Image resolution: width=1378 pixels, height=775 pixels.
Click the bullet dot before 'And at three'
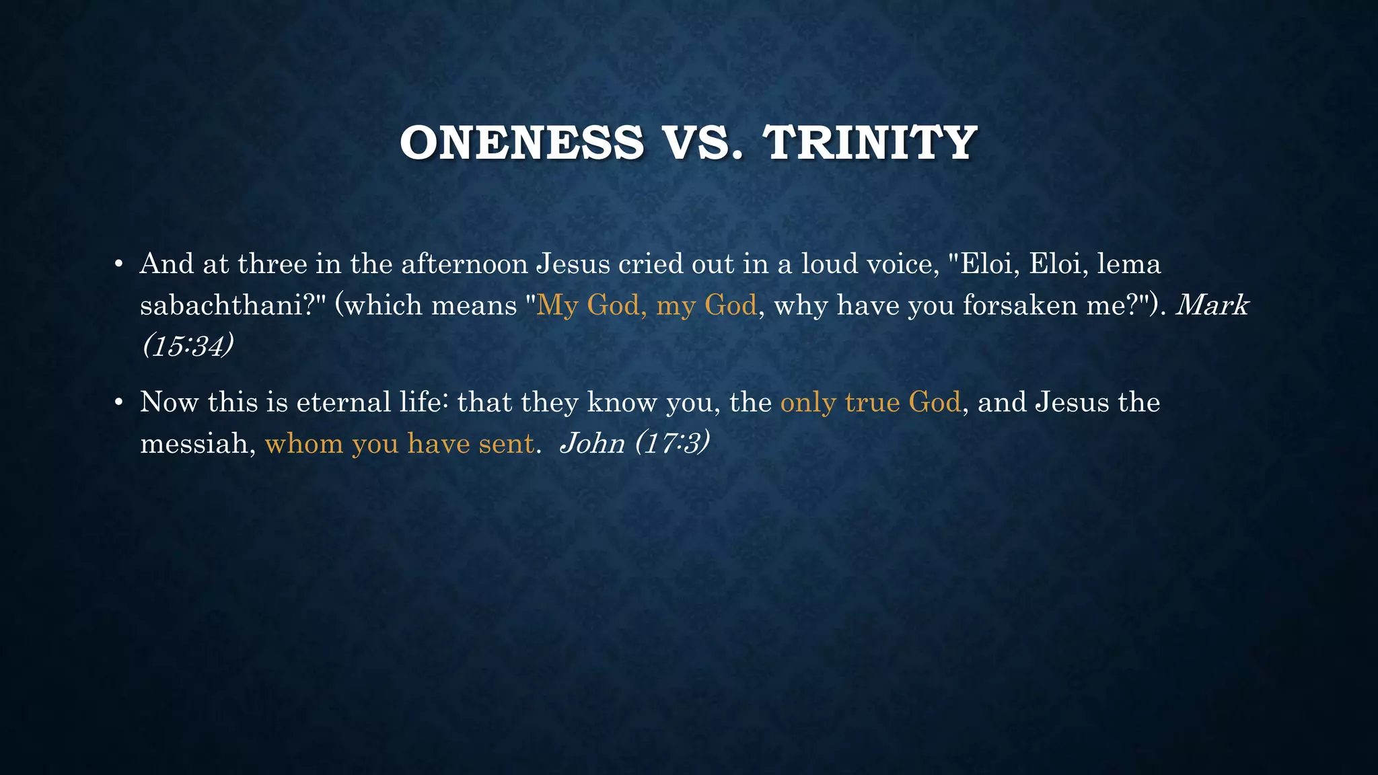click(118, 264)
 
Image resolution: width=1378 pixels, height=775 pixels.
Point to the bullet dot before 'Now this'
click(118, 403)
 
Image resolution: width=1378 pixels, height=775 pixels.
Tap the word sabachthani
click(222, 305)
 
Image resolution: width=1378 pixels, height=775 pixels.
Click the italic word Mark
click(1212, 305)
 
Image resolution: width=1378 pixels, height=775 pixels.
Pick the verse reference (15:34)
click(188, 346)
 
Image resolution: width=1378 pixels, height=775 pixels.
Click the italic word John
click(592, 444)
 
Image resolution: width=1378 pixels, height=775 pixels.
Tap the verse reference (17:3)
click(672, 444)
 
